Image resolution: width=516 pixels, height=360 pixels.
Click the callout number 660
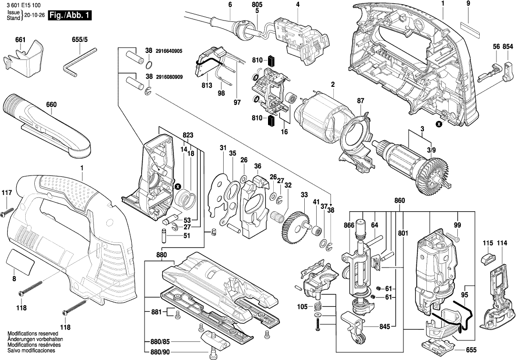52,104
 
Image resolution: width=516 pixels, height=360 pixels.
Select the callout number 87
361,101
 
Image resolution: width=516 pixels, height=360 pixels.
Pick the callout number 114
502,244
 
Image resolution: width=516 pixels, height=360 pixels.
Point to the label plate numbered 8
21,263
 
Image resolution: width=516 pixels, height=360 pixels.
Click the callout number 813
206,86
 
